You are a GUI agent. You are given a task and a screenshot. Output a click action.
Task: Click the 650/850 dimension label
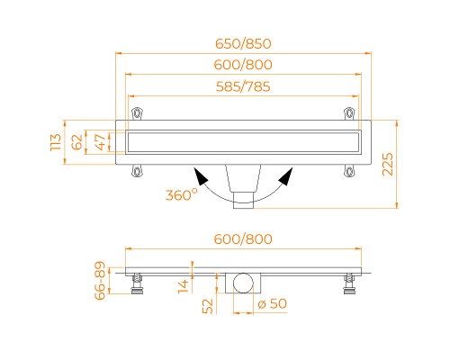(243, 44)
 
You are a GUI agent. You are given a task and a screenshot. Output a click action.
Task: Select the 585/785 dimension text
(243, 86)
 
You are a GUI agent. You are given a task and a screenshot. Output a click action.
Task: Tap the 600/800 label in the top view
(243, 65)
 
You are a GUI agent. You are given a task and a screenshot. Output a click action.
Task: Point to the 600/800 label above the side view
(243, 239)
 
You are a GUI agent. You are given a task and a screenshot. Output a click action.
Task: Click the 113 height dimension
(56, 142)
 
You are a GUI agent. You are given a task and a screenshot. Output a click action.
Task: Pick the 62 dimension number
(77, 142)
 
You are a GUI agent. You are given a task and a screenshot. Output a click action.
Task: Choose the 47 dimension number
(101, 142)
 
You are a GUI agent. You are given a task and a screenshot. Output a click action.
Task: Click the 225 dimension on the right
(388, 164)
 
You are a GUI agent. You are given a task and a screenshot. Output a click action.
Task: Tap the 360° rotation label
(182, 195)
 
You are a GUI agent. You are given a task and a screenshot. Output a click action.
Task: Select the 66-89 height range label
(100, 281)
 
